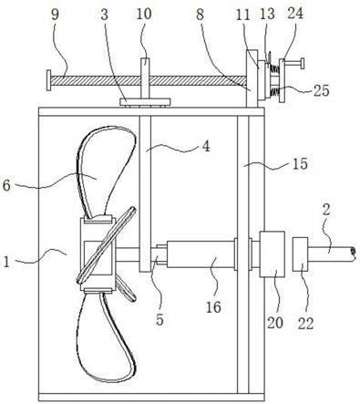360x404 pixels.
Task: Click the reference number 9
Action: (55, 15)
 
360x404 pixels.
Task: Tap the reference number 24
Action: (295, 14)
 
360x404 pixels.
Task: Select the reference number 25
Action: (321, 90)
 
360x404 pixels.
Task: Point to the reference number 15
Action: (300, 164)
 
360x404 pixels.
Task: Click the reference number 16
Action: (213, 307)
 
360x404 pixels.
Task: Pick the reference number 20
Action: (275, 323)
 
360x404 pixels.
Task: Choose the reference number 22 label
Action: (305, 323)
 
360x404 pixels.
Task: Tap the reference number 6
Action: (6, 185)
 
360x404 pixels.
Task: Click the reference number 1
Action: (6, 262)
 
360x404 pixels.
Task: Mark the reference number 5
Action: (159, 319)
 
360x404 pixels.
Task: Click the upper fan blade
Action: (105, 171)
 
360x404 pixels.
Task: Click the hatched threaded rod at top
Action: (149, 80)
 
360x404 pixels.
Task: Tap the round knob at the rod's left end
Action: (48, 80)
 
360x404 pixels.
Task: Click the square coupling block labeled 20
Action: (272, 254)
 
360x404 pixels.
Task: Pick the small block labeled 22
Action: (300, 254)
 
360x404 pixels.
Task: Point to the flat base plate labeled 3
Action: (145, 102)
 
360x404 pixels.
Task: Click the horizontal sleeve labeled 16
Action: (201, 254)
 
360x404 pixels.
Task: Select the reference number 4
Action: (206, 147)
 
